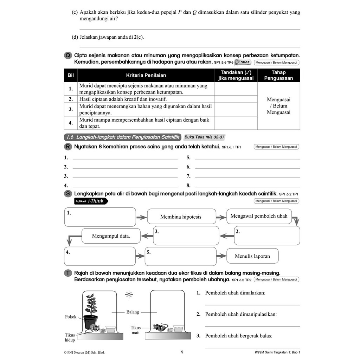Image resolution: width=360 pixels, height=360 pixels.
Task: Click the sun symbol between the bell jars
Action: pyautogui.click(x=129, y=295)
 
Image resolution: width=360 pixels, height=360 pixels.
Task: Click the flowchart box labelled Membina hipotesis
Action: pyautogui.click(x=181, y=217)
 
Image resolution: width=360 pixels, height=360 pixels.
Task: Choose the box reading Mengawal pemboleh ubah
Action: pyautogui.click(x=259, y=216)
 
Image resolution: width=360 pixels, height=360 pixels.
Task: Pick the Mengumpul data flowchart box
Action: pyautogui.click(x=111, y=236)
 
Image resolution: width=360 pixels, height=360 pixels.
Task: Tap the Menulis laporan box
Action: pyautogui.click(x=252, y=256)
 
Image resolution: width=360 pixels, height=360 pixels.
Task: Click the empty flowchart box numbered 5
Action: pyautogui.click(x=181, y=256)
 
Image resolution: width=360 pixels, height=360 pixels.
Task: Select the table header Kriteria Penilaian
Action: pyautogui.click(x=146, y=75)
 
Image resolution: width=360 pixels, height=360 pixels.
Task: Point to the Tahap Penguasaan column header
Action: pyautogui.click(x=278, y=75)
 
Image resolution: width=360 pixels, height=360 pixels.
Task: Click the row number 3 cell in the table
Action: pyautogui.click(x=71, y=109)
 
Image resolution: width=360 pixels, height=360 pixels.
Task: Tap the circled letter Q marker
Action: pyautogui.click(x=68, y=56)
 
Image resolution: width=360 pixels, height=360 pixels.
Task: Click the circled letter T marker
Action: pyautogui.click(x=68, y=273)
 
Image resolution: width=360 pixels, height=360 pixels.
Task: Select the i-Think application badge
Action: pyautogui.click(x=91, y=201)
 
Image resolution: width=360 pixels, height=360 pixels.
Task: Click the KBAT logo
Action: pyautogui.click(x=243, y=62)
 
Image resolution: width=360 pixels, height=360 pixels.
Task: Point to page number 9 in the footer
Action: pyautogui.click(x=182, y=352)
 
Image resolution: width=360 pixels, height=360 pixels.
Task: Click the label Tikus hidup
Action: pyautogui.click(x=70, y=337)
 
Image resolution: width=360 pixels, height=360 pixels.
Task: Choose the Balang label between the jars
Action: pyautogui.click(x=133, y=312)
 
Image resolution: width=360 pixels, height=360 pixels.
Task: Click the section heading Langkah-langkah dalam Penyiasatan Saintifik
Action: pyautogui.click(x=122, y=137)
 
